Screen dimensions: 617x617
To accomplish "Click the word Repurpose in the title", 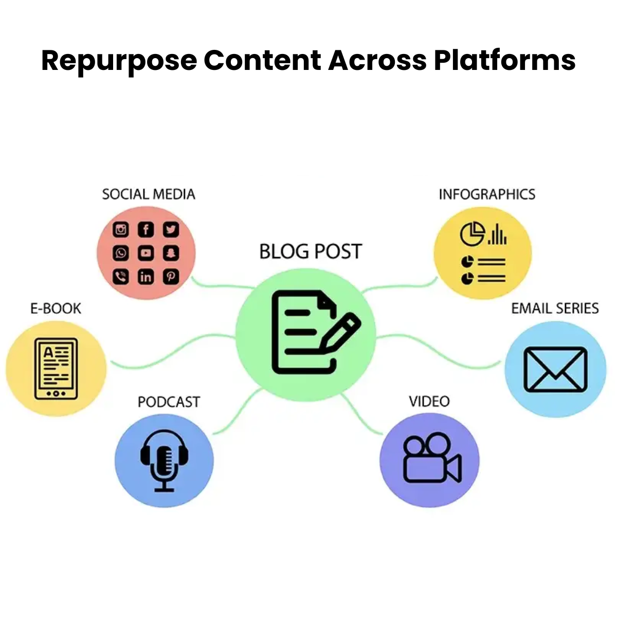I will click(x=119, y=61).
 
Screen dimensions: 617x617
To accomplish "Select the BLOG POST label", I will click(x=311, y=251).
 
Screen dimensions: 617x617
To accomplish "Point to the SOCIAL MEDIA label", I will click(x=149, y=194).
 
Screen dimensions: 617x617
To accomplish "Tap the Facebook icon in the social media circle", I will click(x=146, y=229).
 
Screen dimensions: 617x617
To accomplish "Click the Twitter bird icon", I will click(x=171, y=229).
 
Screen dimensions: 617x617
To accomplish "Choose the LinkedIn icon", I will click(x=146, y=277).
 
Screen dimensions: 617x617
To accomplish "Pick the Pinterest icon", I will click(x=171, y=277).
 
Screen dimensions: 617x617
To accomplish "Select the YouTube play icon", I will click(x=146, y=253).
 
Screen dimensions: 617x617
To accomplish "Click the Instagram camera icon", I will click(x=121, y=229).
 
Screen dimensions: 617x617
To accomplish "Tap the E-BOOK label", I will click(x=56, y=308).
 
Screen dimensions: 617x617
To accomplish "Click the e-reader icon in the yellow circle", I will click(x=56, y=369).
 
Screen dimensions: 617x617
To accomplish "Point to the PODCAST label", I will click(x=169, y=402).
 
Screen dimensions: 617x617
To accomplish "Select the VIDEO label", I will click(x=429, y=401).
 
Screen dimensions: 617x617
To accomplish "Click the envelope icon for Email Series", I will click(x=555, y=369).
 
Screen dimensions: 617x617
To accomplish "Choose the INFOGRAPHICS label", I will click(x=487, y=194).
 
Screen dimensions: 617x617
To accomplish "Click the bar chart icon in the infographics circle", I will click(x=497, y=235).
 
